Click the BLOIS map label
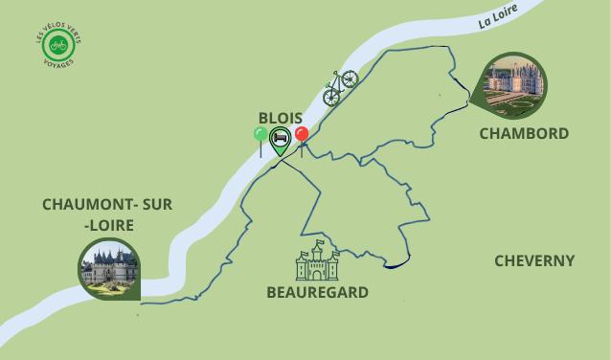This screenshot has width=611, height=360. (x=280, y=117)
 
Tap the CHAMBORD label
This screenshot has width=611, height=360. (x=524, y=133)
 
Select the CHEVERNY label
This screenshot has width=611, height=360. (x=534, y=260)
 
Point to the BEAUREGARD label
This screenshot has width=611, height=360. (x=317, y=292)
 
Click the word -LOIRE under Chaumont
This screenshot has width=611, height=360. (x=108, y=225)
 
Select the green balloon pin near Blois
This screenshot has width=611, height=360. (x=260, y=136)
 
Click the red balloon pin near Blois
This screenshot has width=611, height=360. (x=302, y=135)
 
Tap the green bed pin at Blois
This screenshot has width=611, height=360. (x=280, y=139)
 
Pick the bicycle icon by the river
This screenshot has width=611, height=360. (x=339, y=85)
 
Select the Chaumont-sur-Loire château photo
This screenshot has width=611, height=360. (x=109, y=266)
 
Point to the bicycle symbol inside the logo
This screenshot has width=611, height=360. (x=58, y=45)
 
